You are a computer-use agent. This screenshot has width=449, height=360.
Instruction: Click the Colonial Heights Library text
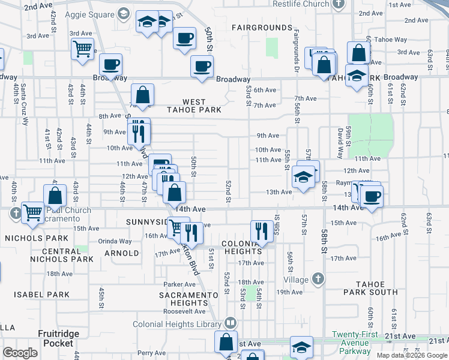pyautogui.click(x=186, y=324)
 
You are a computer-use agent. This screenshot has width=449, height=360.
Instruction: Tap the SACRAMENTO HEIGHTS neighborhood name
pyautogui.click(x=188, y=299)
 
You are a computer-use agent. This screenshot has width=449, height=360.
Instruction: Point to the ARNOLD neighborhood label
pyautogui.click(x=122, y=253)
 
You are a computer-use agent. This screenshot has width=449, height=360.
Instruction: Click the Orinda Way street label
pyautogui.click(x=115, y=241)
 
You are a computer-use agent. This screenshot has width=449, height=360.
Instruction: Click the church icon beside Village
pyautogui.click(x=318, y=279)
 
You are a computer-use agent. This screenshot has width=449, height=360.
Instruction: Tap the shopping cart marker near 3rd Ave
pyautogui.click(x=82, y=49)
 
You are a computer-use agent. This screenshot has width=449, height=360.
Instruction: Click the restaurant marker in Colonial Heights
pyautogui.click(x=261, y=231)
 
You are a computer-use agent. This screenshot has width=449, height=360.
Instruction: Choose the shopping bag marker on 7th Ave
pyautogui.click(x=143, y=95)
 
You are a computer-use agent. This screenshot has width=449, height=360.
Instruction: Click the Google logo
pyautogui.click(x=20, y=353)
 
